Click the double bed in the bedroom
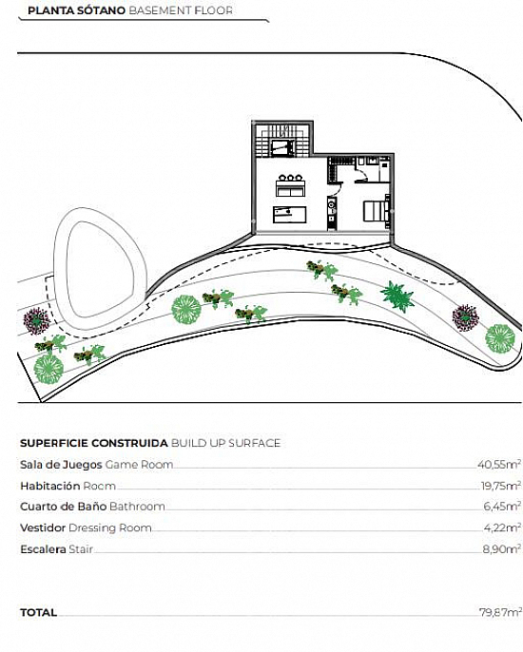377,211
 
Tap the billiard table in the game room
290,215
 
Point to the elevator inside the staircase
282,147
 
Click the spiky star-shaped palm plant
397,296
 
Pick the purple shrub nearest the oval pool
37,320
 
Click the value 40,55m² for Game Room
499,464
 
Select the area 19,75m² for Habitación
500,486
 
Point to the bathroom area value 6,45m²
502,506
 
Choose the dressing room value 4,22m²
502,527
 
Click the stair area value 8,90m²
501,549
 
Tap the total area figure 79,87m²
500,612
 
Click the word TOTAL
38,612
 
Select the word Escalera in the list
43,549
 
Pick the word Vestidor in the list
43,527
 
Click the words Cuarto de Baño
64,507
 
